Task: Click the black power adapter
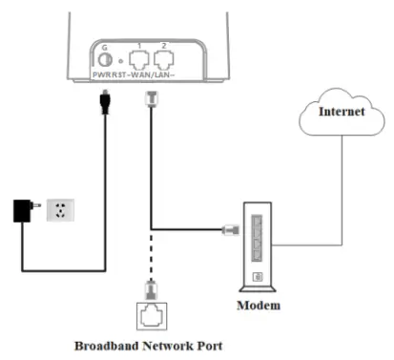coord(21,209)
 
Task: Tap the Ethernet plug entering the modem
coord(229,229)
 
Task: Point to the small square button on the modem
coord(258,278)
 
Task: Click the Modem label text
coord(260,307)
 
